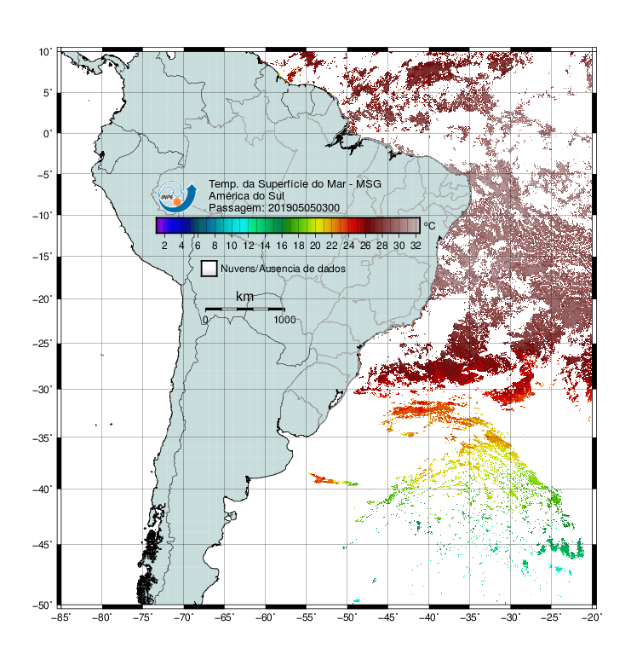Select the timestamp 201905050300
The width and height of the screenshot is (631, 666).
click(x=304, y=208)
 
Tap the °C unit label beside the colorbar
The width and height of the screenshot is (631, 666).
click(x=429, y=225)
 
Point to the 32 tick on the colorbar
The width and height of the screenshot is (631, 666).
click(x=416, y=246)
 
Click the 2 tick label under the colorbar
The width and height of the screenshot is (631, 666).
click(x=164, y=246)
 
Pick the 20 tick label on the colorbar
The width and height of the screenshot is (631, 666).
click(x=315, y=246)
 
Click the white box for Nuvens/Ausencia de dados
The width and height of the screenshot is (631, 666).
click(x=209, y=269)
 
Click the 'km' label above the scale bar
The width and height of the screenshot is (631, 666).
click(x=244, y=297)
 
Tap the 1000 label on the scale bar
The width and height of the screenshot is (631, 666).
click(x=284, y=320)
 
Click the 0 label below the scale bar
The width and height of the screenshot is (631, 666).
click(x=205, y=320)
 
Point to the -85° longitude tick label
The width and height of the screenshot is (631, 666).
click(x=60, y=617)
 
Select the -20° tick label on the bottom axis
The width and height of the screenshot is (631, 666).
click(x=592, y=617)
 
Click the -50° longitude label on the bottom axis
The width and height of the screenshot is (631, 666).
click(x=347, y=617)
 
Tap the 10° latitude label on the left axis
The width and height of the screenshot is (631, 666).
click(x=45, y=52)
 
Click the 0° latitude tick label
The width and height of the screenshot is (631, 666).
click(x=48, y=133)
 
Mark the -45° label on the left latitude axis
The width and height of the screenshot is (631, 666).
click(x=43, y=544)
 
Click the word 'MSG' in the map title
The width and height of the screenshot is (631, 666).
click(x=368, y=184)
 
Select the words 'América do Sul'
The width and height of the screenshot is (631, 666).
click(x=246, y=196)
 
